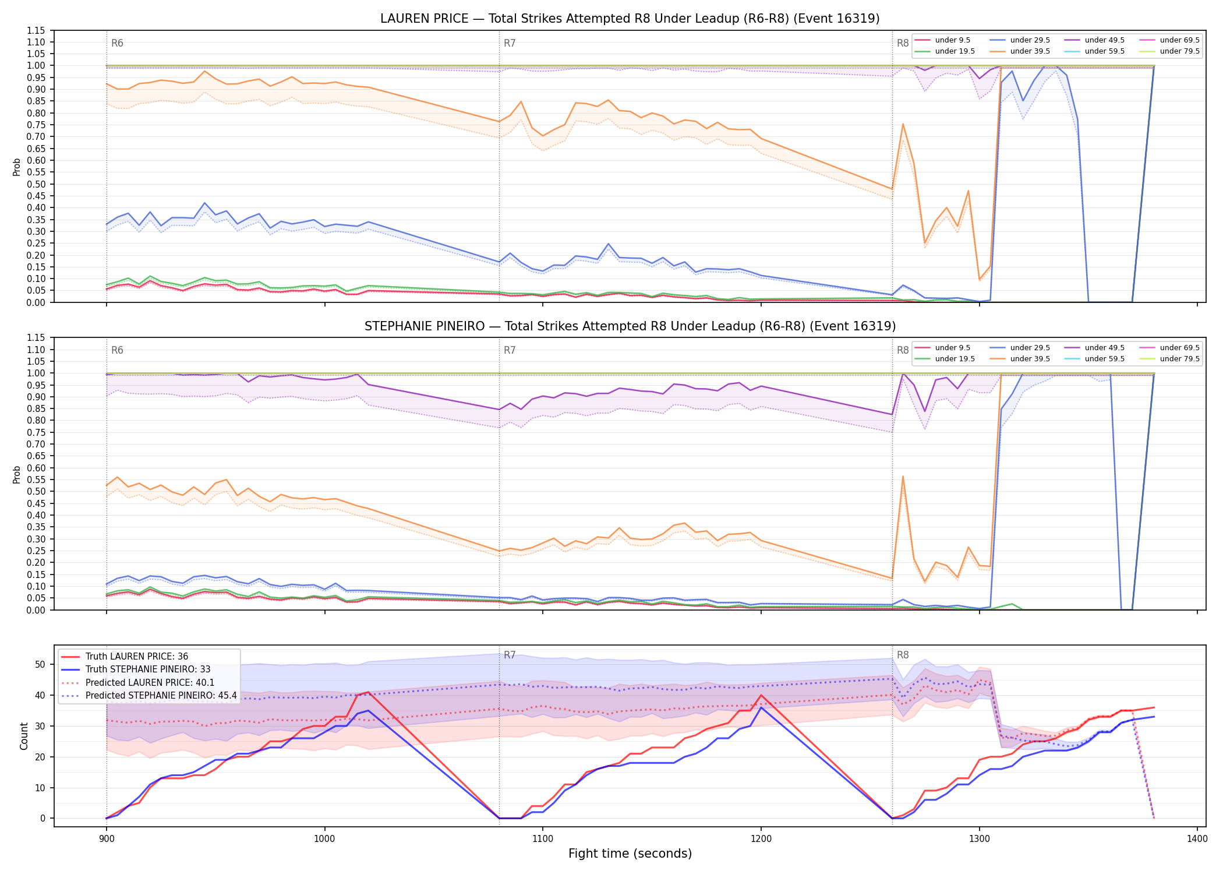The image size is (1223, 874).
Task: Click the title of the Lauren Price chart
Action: click(x=630, y=19)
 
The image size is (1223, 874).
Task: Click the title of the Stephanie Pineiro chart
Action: click(x=630, y=326)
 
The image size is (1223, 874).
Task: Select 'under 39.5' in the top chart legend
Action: click(x=1030, y=51)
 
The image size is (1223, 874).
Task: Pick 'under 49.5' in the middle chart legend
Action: click(x=1105, y=348)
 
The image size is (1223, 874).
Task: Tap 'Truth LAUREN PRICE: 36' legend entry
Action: click(x=137, y=657)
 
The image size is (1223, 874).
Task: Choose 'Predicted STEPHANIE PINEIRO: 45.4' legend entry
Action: click(x=161, y=696)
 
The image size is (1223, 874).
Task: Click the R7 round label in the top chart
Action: click(x=510, y=43)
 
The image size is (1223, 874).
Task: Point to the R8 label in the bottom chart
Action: click(x=903, y=655)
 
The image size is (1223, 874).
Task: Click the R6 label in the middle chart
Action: click(x=117, y=350)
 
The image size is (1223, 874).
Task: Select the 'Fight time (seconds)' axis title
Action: click(x=630, y=854)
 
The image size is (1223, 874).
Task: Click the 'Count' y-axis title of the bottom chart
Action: click(x=24, y=736)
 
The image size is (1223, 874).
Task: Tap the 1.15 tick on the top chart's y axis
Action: click(x=37, y=30)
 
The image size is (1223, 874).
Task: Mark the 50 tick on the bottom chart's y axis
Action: click(x=40, y=664)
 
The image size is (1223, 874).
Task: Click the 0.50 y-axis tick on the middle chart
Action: click(x=37, y=491)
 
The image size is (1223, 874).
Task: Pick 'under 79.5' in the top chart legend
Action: click(x=1180, y=51)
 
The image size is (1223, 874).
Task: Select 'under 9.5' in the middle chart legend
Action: click(x=953, y=348)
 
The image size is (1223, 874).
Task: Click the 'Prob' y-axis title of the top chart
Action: click(x=17, y=167)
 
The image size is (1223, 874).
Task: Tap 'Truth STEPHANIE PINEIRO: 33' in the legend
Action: click(x=148, y=669)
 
